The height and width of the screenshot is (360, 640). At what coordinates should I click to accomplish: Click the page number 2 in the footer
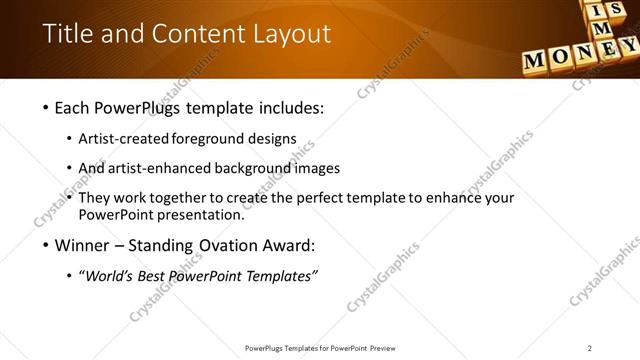tap(590, 348)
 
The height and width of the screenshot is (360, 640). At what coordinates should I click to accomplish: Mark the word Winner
tap(83, 245)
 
